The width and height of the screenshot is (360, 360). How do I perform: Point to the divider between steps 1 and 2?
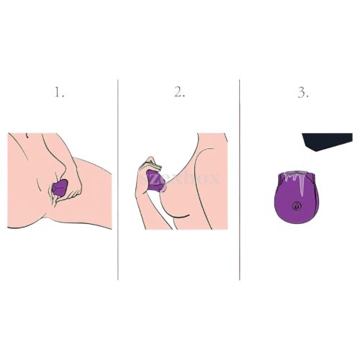click(x=118, y=180)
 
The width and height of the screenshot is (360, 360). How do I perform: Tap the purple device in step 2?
click(x=156, y=179)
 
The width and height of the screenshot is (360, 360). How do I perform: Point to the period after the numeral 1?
click(x=63, y=96)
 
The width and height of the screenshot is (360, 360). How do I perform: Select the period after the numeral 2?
click(x=185, y=96)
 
